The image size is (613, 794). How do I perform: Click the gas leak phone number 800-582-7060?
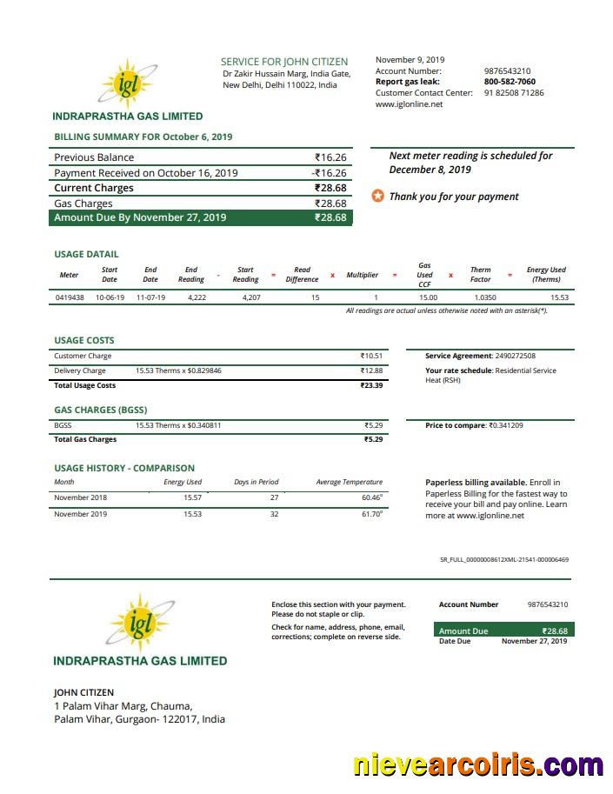pos(510,82)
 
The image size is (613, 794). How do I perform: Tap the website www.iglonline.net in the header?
pos(409,104)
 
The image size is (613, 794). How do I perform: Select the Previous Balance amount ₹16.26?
pos(330,157)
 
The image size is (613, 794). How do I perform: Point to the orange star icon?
pos(378,197)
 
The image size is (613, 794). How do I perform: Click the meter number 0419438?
pos(70,297)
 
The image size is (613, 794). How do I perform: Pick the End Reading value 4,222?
pos(197,297)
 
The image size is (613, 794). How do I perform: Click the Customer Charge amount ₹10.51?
pos(371,356)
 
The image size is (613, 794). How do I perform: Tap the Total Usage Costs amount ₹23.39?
pos(371,385)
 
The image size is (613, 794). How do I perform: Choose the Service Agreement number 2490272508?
pos(515,356)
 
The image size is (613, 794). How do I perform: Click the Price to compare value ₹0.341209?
pos(505,425)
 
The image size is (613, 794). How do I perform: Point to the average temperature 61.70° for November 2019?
pos(371,514)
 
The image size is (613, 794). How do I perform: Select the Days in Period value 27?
pos(274,497)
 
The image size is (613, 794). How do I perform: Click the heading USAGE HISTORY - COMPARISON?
pos(124,468)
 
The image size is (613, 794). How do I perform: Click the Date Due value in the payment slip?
pos(534,641)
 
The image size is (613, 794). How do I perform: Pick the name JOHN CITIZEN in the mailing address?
pos(84,692)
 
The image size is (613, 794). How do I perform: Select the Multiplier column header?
pos(363,275)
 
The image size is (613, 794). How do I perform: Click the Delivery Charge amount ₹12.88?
pos(371,370)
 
